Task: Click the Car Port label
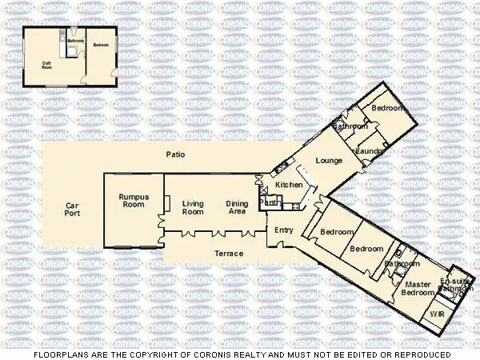pos(72,210)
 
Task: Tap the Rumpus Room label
pos(134,201)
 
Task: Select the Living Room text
pos(193,208)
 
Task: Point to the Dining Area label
pos(236,208)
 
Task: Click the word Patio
pos(175,154)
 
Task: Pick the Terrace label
pos(229,254)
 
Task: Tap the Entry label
pos(283,230)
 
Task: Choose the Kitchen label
pos(289,185)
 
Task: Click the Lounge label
pos(329,161)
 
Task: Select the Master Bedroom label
pos(417,289)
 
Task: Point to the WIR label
pos(437,314)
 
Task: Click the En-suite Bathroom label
pos(456,284)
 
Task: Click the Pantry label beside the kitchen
pos(271,203)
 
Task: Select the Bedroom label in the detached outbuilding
pos(100,45)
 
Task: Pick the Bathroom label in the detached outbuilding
pos(75,40)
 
